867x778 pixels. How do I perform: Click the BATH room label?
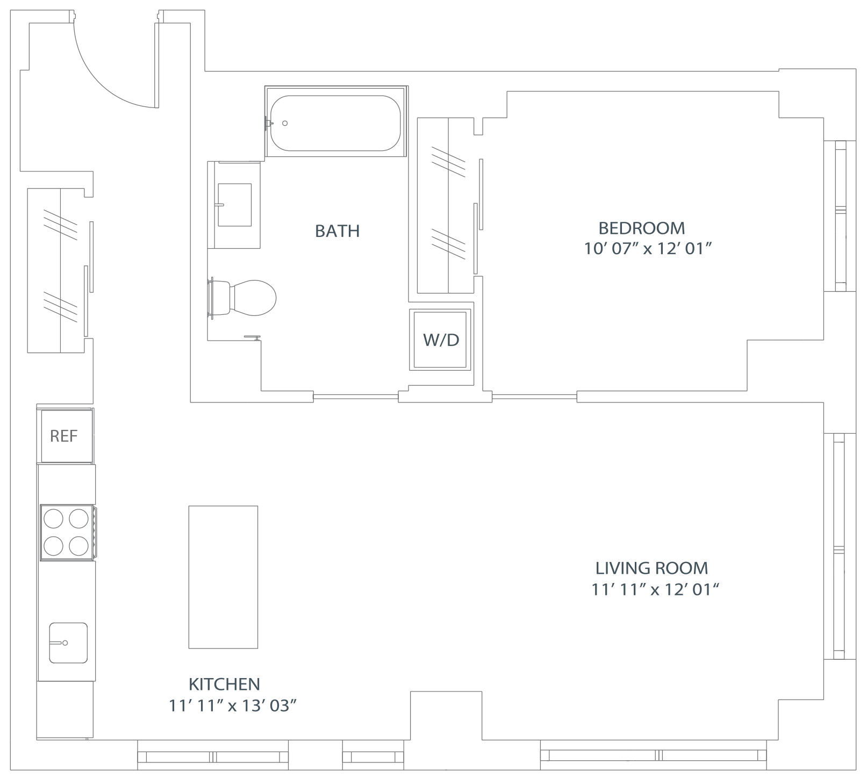click(x=337, y=231)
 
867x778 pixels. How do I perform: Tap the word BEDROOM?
click(x=642, y=228)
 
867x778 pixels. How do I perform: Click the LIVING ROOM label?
click(x=651, y=568)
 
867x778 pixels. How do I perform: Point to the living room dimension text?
click(x=655, y=590)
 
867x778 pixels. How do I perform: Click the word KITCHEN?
click(x=224, y=684)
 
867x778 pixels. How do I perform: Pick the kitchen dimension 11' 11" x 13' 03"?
click(x=233, y=706)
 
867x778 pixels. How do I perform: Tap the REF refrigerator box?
click(x=65, y=436)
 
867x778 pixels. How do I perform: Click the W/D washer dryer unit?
click(x=441, y=340)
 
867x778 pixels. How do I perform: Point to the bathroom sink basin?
click(x=235, y=205)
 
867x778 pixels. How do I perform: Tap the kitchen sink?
click(x=68, y=643)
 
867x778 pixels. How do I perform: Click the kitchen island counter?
click(x=223, y=577)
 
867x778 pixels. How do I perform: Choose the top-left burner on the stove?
click(x=53, y=519)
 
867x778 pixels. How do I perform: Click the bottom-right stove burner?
click(x=78, y=545)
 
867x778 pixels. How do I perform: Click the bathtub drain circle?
click(x=285, y=123)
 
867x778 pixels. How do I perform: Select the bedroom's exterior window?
click(x=840, y=216)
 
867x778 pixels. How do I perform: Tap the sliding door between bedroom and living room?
click(x=534, y=397)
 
